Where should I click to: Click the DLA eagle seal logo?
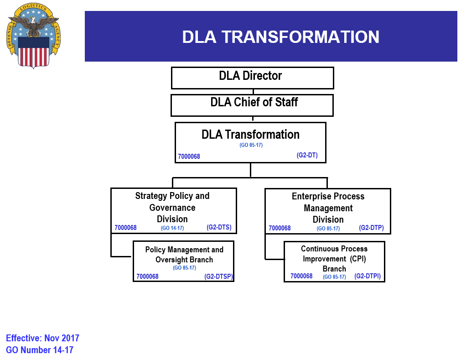[x=33, y=35]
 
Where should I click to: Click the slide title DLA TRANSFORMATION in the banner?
[x=280, y=37]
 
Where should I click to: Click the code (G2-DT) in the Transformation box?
[x=307, y=155]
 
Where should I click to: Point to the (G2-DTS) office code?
[x=219, y=227]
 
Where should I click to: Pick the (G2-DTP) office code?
[x=371, y=227]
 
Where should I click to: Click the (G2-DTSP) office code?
[x=218, y=276]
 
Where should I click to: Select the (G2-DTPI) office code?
[x=367, y=276]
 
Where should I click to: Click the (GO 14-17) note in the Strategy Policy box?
[x=172, y=228]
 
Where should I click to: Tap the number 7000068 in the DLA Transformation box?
[x=189, y=157]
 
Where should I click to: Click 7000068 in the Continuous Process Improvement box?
[x=301, y=276]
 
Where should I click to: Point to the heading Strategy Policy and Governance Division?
[x=172, y=207]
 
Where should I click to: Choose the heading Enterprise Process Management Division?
[x=328, y=208]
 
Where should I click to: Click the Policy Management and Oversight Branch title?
[x=184, y=255]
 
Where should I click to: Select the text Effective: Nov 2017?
[x=42, y=338]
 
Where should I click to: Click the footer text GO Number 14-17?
[x=40, y=350]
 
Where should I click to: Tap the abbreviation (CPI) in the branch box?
[x=358, y=259]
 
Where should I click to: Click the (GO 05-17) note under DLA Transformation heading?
[x=251, y=145]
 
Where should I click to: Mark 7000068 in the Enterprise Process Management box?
[x=280, y=228]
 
